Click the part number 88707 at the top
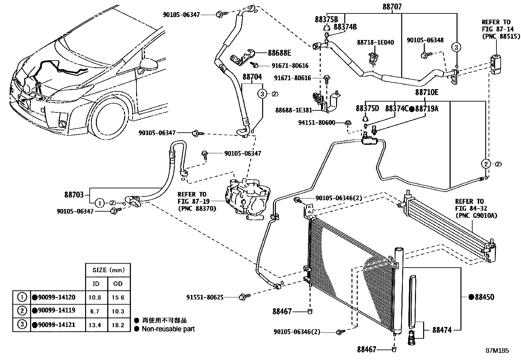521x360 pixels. click(x=392, y=7)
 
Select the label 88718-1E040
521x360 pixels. click(x=375, y=43)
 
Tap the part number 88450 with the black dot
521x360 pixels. click(x=481, y=297)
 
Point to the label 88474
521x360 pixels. click(x=442, y=330)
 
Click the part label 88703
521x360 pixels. click(x=74, y=195)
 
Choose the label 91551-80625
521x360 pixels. click(x=205, y=297)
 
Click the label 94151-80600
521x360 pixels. click(x=316, y=123)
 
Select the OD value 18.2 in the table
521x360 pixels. click(x=118, y=325)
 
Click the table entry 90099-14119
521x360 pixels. click(x=54, y=311)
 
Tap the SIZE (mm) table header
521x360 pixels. click(x=107, y=270)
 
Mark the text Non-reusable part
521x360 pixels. click(x=168, y=329)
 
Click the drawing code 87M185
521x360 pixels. click(x=497, y=350)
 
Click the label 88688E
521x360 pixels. click(x=279, y=53)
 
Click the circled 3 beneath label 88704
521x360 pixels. click(x=262, y=94)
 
